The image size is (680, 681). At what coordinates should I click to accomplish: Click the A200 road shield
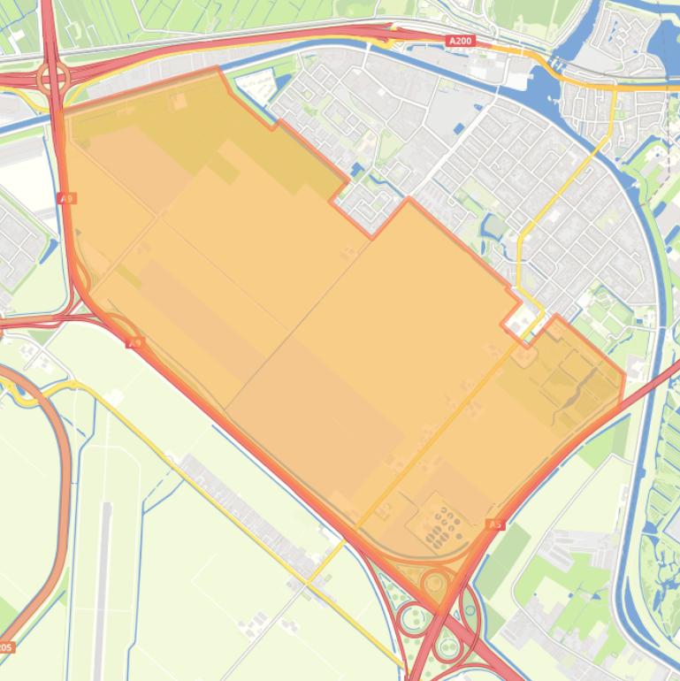[461, 41]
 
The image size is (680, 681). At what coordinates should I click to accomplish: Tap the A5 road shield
[495, 524]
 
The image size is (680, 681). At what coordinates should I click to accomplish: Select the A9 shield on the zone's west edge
[66, 198]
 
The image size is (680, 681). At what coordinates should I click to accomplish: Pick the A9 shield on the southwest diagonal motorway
[135, 342]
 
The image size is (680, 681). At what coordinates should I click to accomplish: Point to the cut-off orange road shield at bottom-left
[5, 647]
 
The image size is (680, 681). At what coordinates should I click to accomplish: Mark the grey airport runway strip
[103, 575]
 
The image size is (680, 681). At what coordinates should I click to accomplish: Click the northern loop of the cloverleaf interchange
[435, 585]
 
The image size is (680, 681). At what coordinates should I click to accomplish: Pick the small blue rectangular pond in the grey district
[459, 129]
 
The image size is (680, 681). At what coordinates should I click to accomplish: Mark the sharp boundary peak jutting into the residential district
[408, 201]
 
